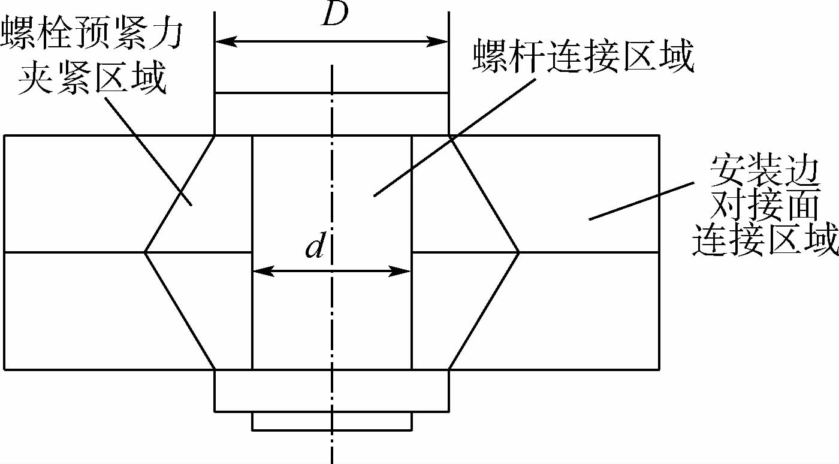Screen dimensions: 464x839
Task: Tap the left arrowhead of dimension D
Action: pyautogui.click(x=223, y=41)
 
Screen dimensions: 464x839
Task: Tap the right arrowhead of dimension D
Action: pyautogui.click(x=441, y=41)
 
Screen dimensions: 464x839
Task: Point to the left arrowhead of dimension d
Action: pyautogui.click(x=260, y=271)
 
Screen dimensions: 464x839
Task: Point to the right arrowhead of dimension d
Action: pyautogui.click(x=403, y=271)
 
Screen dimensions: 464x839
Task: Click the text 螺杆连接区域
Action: pyautogui.click(x=583, y=58)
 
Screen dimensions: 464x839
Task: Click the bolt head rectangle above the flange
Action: pyautogui.click(x=331, y=114)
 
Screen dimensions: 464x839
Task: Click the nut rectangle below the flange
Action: pyautogui.click(x=331, y=391)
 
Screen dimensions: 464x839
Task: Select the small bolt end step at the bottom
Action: pyautogui.click(x=331, y=421)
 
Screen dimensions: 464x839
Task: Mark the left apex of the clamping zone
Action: pyautogui.click(x=145, y=252)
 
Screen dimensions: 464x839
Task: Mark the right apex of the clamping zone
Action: pyautogui.click(x=518, y=252)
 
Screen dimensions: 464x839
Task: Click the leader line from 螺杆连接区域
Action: pyautogui.click(x=452, y=138)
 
